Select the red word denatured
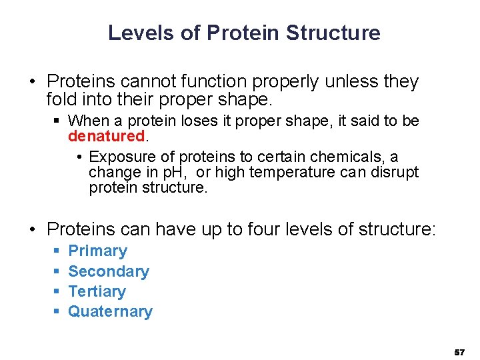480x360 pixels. [107, 136]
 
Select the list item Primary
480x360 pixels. [97, 251]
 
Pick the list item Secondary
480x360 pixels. [109, 271]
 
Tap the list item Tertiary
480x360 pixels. [97, 291]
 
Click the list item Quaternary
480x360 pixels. [110, 311]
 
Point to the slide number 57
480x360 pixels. [459, 351]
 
